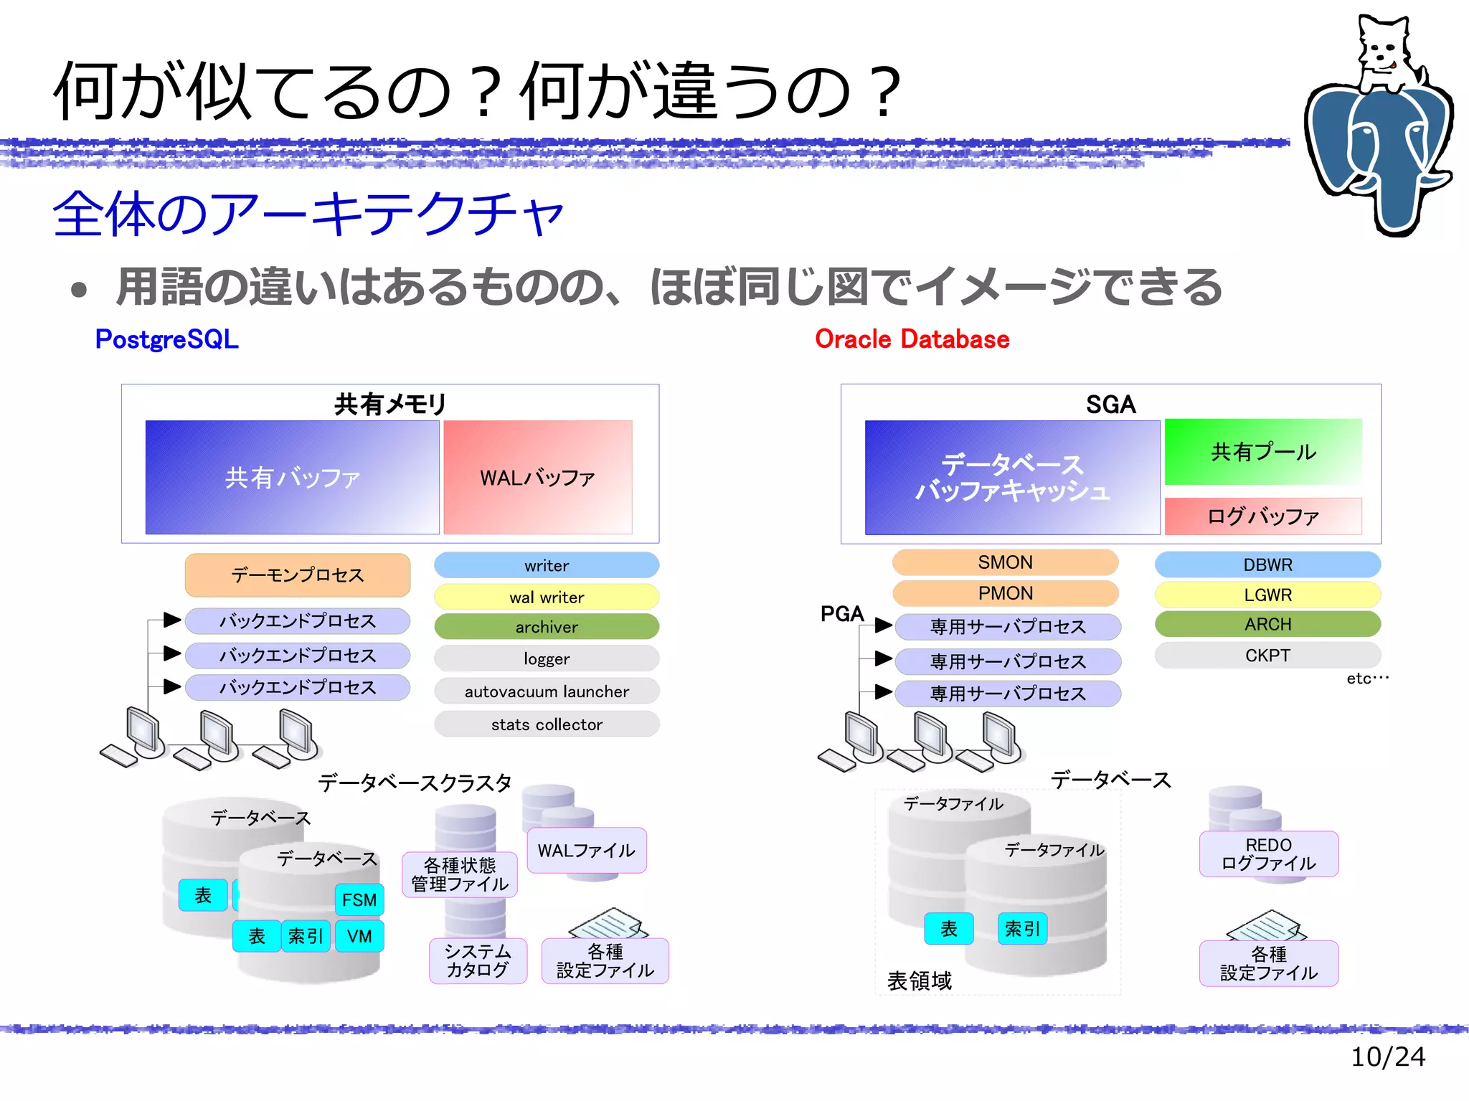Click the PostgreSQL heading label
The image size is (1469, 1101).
pyautogui.click(x=166, y=339)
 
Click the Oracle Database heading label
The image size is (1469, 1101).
pyautogui.click(x=912, y=339)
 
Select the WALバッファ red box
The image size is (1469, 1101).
pyautogui.click(x=538, y=477)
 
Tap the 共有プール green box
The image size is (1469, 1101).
pyautogui.click(x=1263, y=452)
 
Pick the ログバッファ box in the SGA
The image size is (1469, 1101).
pyautogui.click(x=1263, y=516)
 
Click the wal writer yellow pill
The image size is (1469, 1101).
pyautogui.click(x=547, y=597)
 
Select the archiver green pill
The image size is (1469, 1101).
pyautogui.click(x=547, y=627)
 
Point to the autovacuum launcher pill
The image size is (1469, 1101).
pyautogui.click(x=547, y=691)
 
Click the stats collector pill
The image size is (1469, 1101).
pyautogui.click(x=547, y=724)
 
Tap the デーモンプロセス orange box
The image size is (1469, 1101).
pyautogui.click(x=298, y=575)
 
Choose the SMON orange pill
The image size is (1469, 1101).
pyautogui.click(x=1005, y=562)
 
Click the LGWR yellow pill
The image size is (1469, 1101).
pyautogui.click(x=1267, y=595)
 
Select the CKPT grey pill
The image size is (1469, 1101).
pyautogui.click(x=1267, y=656)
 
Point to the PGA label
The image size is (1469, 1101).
pyautogui.click(x=842, y=614)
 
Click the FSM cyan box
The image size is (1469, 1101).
pyautogui.click(x=359, y=899)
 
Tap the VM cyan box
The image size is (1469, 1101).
pyautogui.click(x=359, y=936)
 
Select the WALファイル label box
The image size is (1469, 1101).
pyautogui.click(x=587, y=851)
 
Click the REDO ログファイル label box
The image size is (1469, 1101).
pyautogui.click(x=1268, y=854)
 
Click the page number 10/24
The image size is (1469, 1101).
pyautogui.click(x=1387, y=1057)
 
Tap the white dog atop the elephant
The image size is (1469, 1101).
pyautogui.click(x=1385, y=54)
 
